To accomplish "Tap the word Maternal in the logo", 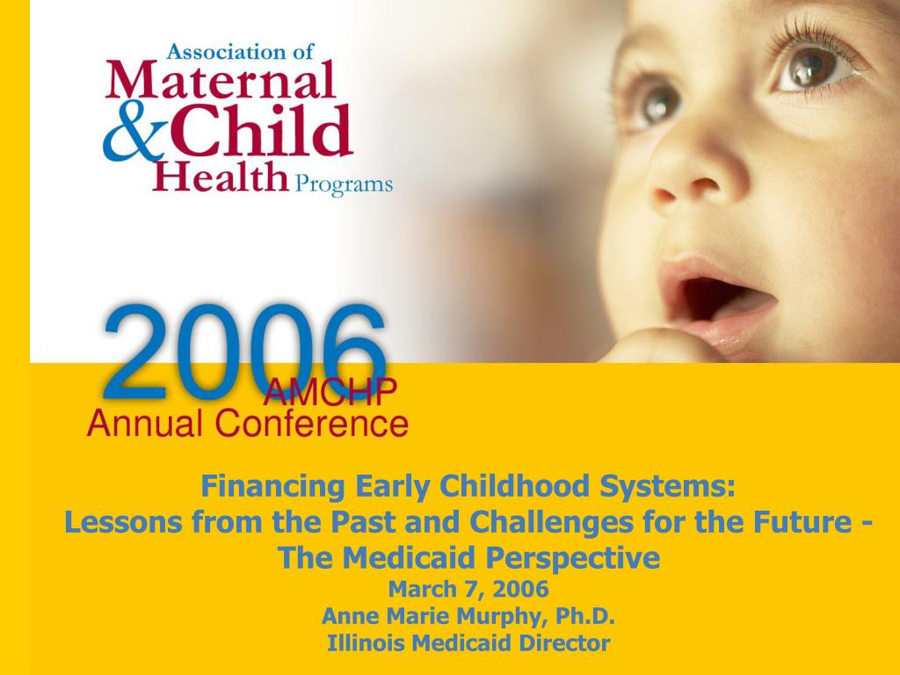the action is tap(221, 80).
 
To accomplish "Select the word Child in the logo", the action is tap(261, 130).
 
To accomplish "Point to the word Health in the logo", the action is tap(221, 176).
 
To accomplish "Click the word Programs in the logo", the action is tap(344, 185).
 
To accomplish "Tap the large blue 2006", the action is tap(245, 352).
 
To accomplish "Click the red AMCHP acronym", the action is tap(330, 391).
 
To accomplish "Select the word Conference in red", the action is tap(312, 423).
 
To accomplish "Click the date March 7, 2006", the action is tap(468, 589).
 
